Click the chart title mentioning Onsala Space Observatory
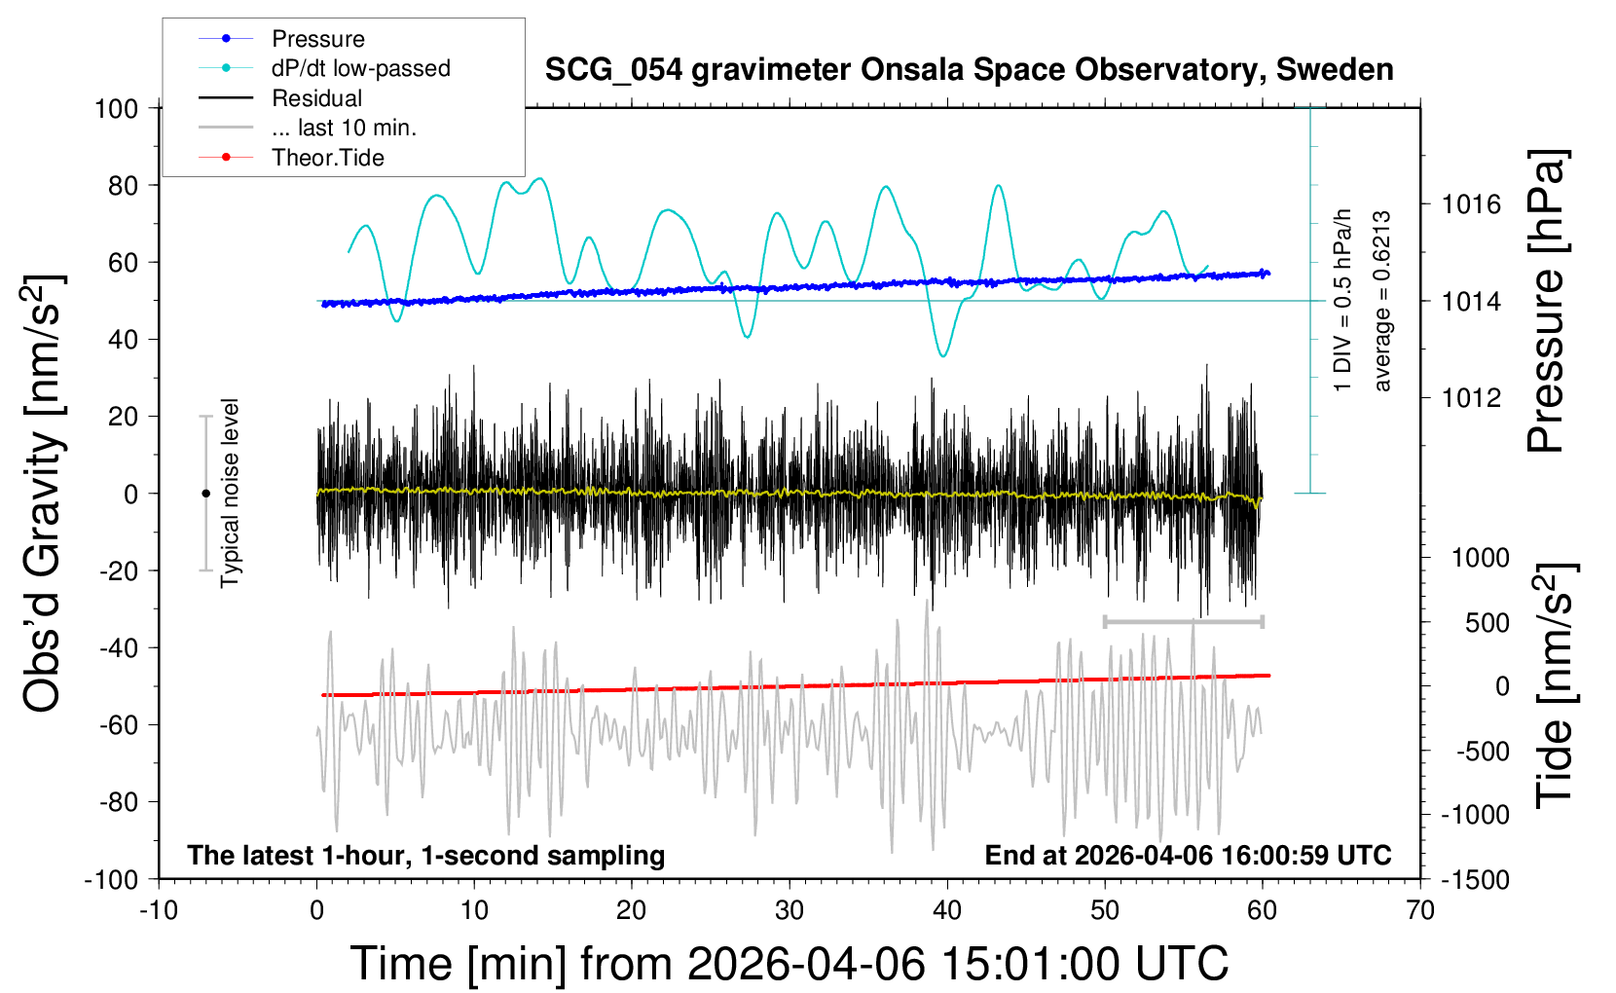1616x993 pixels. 969,70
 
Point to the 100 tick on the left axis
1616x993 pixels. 116,108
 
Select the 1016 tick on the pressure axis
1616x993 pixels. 1471,204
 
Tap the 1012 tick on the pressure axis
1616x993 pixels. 1471,397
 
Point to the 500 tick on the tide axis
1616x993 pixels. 1487,623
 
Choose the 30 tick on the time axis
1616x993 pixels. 790,910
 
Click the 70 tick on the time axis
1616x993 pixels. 1420,910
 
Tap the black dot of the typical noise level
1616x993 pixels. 205,494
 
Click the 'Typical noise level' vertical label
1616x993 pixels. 230,493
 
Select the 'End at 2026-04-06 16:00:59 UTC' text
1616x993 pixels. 1188,855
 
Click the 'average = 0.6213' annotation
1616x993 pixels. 1382,302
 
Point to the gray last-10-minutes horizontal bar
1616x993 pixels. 1183,621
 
